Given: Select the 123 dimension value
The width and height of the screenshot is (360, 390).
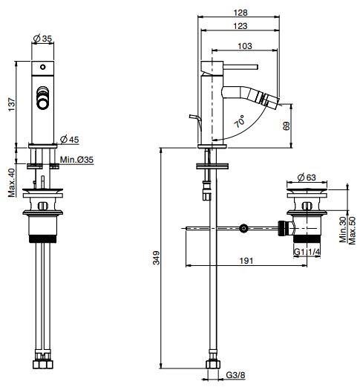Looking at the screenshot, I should tap(238, 27).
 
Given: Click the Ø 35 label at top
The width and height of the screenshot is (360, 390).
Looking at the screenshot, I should tap(45, 39).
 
